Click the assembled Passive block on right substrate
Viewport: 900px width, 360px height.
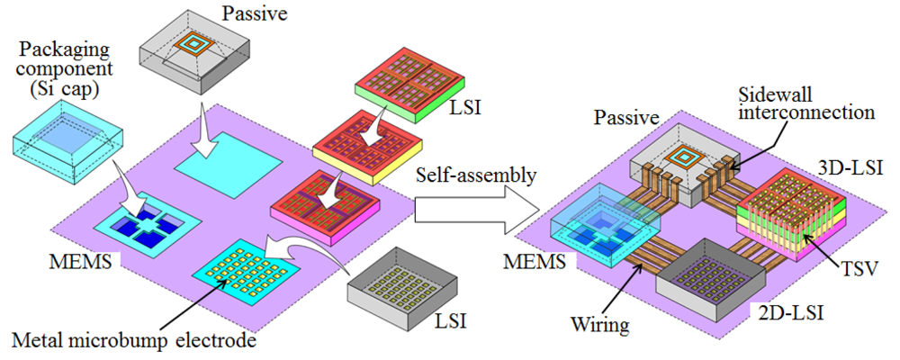[x=676, y=171]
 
